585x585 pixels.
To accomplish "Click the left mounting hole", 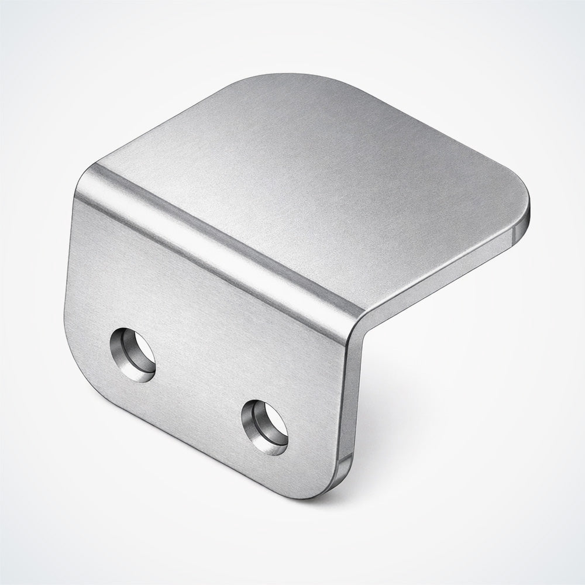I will coord(133,355).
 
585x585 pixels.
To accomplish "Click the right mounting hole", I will coord(264,427).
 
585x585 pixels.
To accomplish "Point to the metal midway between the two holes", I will coord(199,391).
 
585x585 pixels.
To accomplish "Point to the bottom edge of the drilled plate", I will coord(205,450).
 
